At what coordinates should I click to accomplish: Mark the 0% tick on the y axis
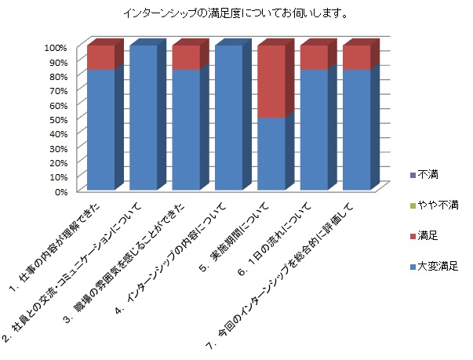coord(61,191)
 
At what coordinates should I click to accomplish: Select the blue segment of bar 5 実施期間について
coord(271,154)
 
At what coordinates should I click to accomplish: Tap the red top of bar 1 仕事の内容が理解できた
coord(100,58)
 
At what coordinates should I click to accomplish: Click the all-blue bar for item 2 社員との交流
coord(144,118)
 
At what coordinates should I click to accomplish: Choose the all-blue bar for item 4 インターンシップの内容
coord(229,118)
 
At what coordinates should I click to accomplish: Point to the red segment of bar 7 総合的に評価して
coord(357,58)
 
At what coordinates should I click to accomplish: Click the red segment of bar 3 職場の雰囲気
coord(186,58)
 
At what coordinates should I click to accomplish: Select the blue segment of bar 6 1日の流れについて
coord(314,129)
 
